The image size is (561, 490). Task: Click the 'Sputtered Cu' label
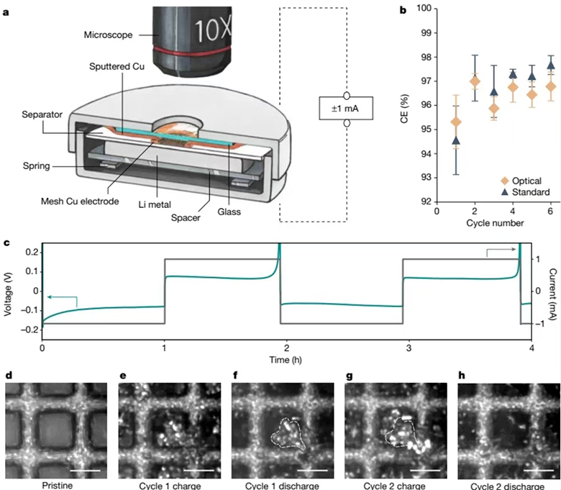click(117, 67)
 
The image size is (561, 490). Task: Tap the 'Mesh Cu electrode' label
click(80, 201)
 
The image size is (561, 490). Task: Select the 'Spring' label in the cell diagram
click(36, 165)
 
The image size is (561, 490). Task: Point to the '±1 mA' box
click(346, 108)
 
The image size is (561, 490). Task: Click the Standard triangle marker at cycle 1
click(456, 140)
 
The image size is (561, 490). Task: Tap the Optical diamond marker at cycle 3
click(493, 109)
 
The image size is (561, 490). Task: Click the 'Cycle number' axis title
click(495, 223)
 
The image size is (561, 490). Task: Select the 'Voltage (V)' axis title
click(7, 294)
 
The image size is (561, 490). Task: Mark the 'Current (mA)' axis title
click(553, 294)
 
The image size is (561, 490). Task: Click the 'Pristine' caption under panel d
click(58, 486)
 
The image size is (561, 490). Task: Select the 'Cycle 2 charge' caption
click(395, 486)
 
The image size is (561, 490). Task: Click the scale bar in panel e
click(199, 471)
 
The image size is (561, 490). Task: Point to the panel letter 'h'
click(462, 375)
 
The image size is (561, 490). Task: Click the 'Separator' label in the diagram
click(42, 114)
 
